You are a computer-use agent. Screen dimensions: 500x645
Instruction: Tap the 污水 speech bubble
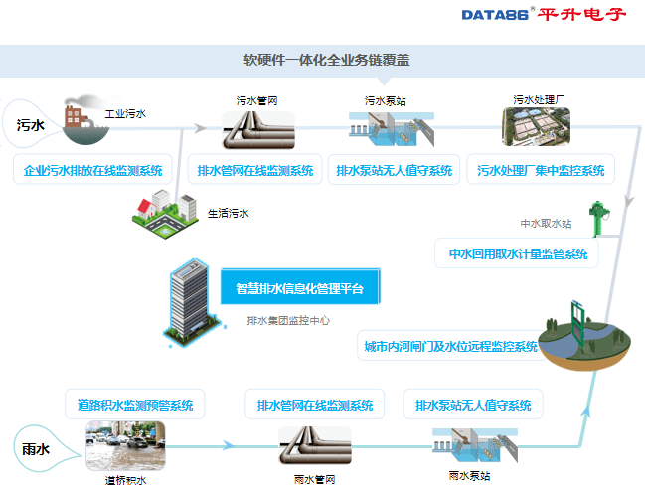31,125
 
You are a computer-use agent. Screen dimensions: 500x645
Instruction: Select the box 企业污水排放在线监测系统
92,170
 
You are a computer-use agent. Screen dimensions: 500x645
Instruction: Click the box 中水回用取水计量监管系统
518,253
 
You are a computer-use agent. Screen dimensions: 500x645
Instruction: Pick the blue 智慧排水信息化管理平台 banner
300,289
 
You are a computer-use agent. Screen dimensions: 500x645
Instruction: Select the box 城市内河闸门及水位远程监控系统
450,347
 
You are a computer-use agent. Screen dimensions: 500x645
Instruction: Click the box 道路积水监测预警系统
134,405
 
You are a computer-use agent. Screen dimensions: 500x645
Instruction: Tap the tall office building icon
189,297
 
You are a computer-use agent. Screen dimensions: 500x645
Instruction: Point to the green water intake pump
595,227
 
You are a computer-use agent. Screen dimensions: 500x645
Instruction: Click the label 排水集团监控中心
288,321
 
